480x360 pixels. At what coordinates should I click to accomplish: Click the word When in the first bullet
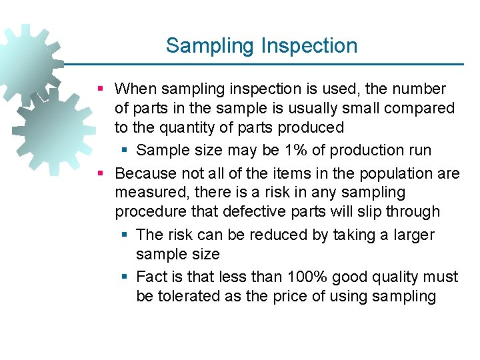pyautogui.click(x=136, y=89)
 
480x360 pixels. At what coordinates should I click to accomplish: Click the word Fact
pyautogui.click(x=151, y=277)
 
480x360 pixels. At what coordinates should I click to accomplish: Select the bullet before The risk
pyautogui.click(x=125, y=235)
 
